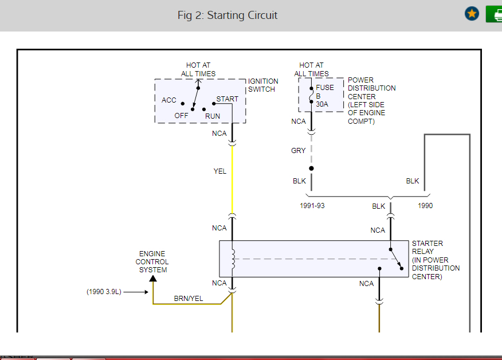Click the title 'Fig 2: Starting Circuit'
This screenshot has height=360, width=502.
(x=227, y=15)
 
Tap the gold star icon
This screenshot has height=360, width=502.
(x=472, y=14)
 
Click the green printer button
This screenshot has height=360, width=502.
(x=494, y=14)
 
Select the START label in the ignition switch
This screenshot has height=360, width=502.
(x=227, y=99)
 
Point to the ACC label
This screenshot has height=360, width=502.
(x=169, y=100)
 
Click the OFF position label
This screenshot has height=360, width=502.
(x=182, y=115)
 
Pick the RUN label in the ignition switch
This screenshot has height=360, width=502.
(x=213, y=116)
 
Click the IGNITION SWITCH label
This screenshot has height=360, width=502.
(x=263, y=85)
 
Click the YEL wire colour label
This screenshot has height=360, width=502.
(x=220, y=171)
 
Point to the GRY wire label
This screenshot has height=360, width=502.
(x=299, y=151)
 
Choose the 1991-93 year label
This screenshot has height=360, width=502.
(x=312, y=206)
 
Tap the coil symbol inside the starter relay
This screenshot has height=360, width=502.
(x=233, y=259)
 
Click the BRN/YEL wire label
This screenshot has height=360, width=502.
(x=189, y=298)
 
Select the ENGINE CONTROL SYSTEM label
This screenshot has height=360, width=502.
(x=152, y=262)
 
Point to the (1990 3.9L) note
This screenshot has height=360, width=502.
(x=104, y=292)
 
